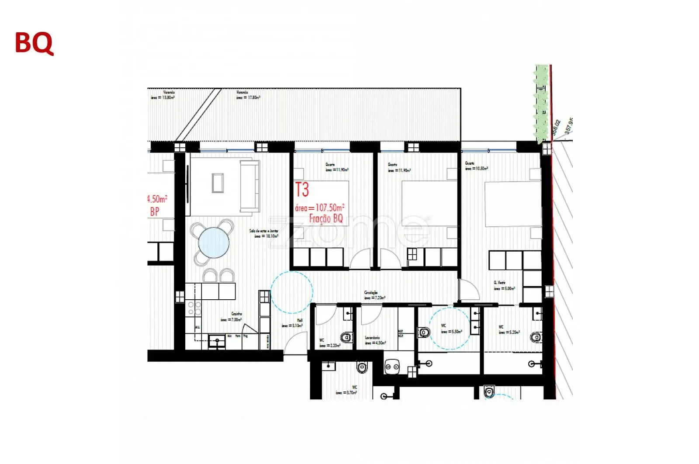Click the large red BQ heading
click(34, 43)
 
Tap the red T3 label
click(302, 190)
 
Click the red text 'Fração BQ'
click(326, 218)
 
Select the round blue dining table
click(214, 243)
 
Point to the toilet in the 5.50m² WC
click(424, 332)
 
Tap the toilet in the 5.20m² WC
click(535, 337)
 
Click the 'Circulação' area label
click(374, 295)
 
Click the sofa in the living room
click(249, 187)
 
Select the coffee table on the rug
click(218, 183)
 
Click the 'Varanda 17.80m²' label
click(248, 95)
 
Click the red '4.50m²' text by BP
click(157, 199)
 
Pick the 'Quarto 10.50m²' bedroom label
click(476, 166)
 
